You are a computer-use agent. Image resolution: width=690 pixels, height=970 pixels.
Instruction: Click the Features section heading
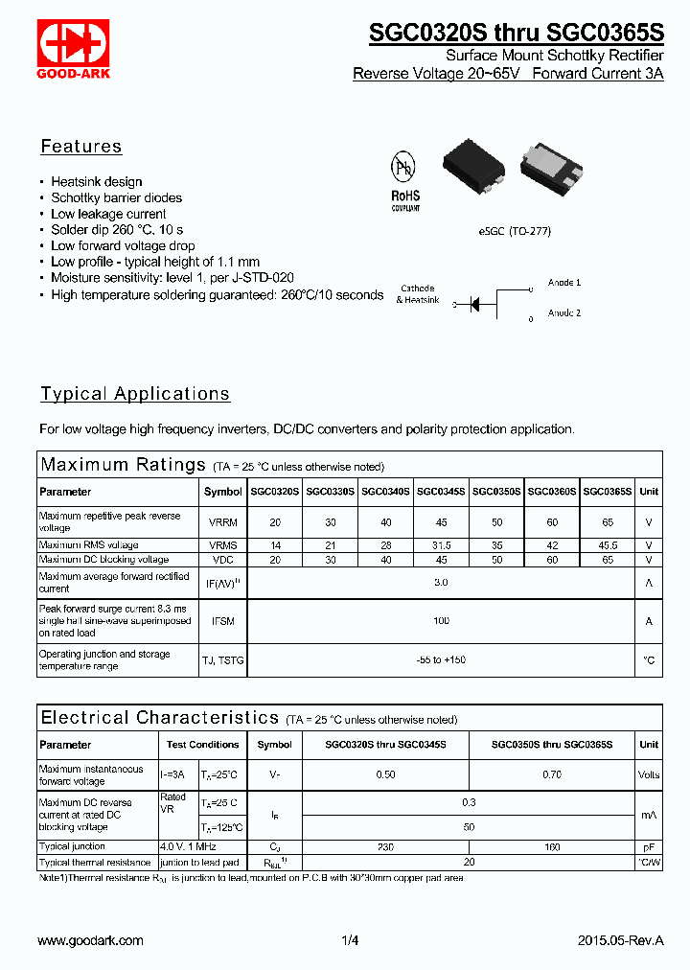[81, 147]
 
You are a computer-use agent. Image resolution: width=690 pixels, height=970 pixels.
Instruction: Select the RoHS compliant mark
[405, 198]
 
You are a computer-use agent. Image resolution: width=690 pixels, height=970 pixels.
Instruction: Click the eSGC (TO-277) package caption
[515, 231]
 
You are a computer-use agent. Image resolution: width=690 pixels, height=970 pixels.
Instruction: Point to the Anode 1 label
[564, 283]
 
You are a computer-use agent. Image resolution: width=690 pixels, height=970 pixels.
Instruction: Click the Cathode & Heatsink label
[417, 294]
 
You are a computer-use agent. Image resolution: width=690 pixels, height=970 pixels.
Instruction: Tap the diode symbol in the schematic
[474, 304]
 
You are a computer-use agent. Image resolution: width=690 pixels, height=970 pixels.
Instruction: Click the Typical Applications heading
[135, 394]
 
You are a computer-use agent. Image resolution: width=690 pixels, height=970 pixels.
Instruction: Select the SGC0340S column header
[385, 492]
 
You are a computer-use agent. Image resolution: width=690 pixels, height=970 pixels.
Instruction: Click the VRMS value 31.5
[441, 544]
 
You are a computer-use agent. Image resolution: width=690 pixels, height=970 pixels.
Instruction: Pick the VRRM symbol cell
[223, 522]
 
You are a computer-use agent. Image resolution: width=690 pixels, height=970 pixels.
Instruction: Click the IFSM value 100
[441, 621]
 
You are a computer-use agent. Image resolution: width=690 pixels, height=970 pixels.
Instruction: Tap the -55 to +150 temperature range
[441, 660]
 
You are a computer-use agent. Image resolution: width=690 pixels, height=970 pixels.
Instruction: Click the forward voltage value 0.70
[552, 774]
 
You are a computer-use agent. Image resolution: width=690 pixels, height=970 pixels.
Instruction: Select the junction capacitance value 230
[385, 846]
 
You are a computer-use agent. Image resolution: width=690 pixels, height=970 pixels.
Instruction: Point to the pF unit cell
[649, 846]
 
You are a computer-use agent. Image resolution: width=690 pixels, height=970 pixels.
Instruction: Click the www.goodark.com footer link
[90, 940]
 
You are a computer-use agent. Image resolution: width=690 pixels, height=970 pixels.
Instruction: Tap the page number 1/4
[349, 940]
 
